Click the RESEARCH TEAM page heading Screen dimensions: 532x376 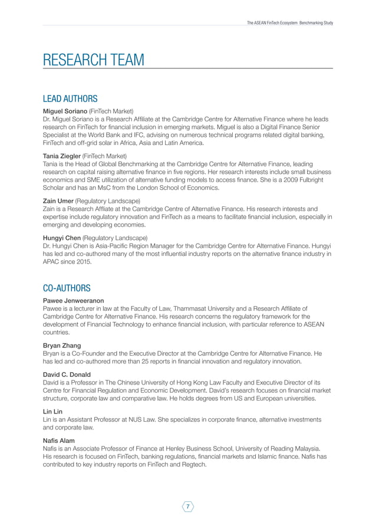tap(93, 60)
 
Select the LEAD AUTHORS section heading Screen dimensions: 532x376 tap(70, 98)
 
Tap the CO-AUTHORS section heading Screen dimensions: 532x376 tap(67, 288)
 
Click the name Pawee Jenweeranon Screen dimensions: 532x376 tap(72, 300)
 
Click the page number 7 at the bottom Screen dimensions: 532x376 tap(188, 507)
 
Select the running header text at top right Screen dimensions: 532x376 tap(290, 22)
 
